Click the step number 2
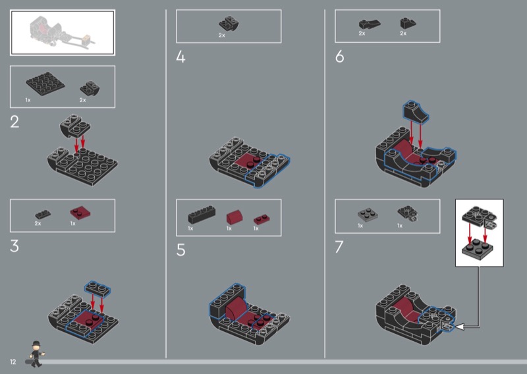(14, 122)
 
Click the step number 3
(14, 246)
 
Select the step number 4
(180, 57)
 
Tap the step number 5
(180, 250)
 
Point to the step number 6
(339, 57)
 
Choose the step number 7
(339, 247)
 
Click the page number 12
(13, 362)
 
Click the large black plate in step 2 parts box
(45, 84)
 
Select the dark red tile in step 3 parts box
(80, 213)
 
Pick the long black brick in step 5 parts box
(202, 215)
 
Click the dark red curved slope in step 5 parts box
(235, 217)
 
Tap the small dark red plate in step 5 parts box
(262, 219)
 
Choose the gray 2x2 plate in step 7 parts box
(368, 215)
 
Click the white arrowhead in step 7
(459, 327)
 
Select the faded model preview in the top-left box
(62, 32)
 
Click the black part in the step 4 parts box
(229, 24)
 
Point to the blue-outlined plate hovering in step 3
(97, 288)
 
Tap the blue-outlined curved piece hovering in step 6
(416, 112)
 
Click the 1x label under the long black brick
(190, 228)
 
